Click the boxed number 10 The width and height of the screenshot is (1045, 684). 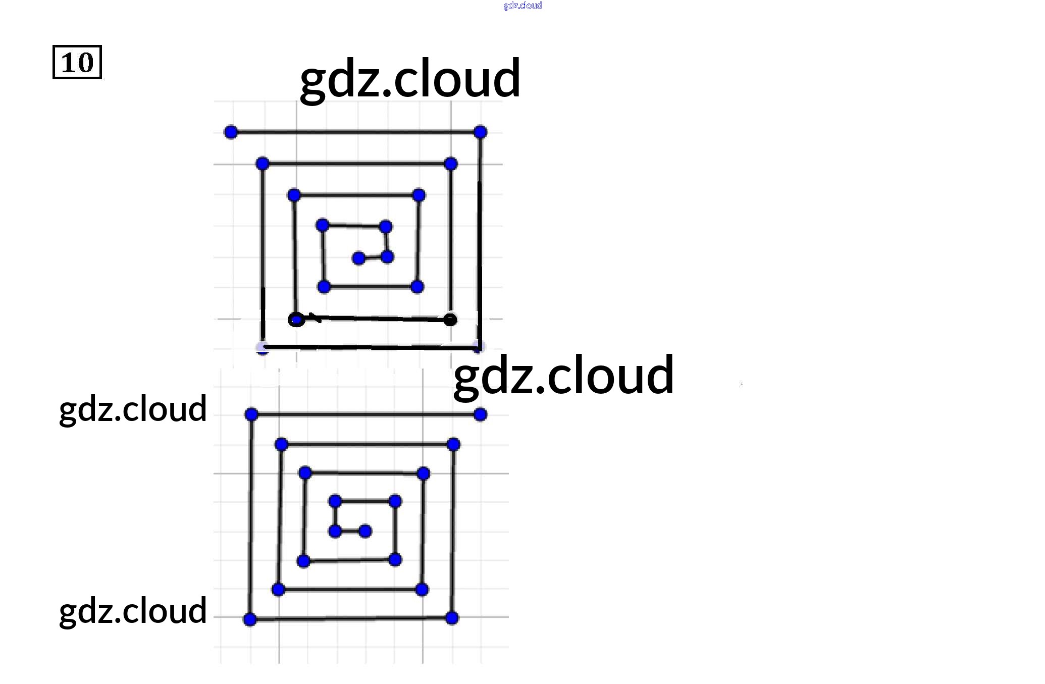[x=77, y=62]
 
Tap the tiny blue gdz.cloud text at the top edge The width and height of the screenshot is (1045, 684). [x=522, y=6]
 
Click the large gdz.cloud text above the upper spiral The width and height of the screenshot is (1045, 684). [x=410, y=79]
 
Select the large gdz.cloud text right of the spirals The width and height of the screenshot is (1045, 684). [x=563, y=376]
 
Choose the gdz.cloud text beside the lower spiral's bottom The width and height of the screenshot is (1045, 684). [x=133, y=611]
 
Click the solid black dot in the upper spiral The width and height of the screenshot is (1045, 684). [x=450, y=320]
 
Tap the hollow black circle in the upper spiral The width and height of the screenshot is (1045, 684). [x=296, y=320]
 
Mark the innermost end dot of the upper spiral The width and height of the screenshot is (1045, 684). [x=358, y=258]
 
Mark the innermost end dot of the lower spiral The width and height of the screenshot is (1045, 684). [x=365, y=531]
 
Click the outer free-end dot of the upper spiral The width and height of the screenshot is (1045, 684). [x=231, y=132]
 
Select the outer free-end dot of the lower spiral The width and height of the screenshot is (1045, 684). [x=480, y=414]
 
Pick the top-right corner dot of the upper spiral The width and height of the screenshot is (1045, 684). [x=480, y=132]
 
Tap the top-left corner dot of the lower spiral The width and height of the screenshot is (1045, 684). [x=251, y=414]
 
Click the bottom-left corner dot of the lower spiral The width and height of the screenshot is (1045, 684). [x=250, y=619]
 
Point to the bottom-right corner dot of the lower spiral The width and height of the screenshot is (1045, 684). [x=452, y=618]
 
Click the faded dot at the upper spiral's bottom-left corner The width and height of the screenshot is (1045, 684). [x=262, y=347]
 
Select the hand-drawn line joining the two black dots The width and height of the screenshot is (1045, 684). [x=379, y=319]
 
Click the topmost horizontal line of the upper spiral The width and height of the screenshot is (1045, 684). [x=353, y=132]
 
